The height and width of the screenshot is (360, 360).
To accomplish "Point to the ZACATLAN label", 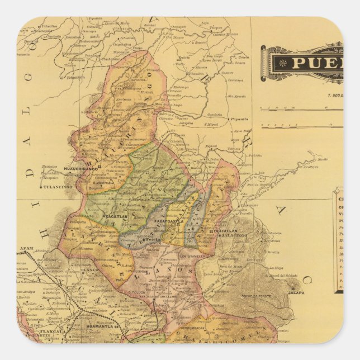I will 115,215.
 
